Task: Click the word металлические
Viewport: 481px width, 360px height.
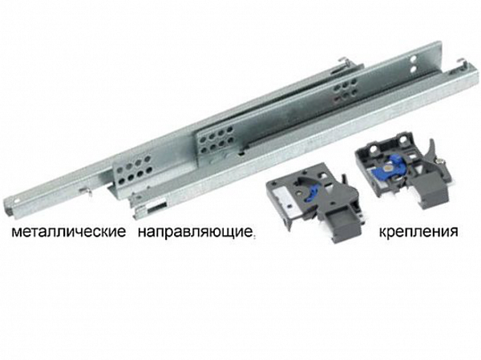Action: (x=68, y=233)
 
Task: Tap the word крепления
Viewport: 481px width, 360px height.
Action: (x=419, y=232)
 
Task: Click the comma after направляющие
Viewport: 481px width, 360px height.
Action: (x=253, y=237)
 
